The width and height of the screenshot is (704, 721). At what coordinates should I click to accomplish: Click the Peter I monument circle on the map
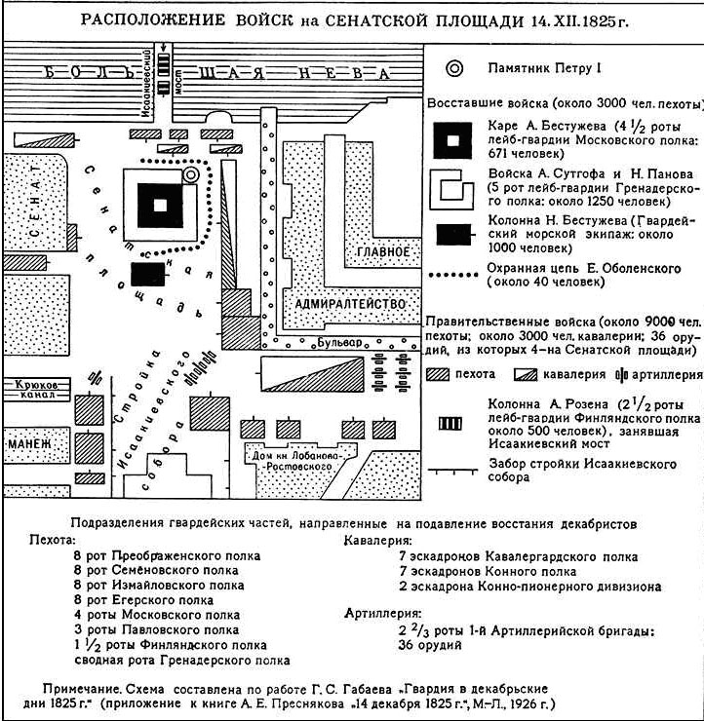coord(190,174)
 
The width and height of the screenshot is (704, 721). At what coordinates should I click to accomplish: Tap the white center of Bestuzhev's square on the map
coord(160,205)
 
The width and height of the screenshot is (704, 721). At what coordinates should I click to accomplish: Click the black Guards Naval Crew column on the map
coord(148,274)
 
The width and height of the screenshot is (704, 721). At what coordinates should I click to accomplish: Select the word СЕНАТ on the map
coord(36,202)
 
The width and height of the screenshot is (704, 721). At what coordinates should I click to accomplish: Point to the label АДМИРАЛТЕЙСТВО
coord(350,304)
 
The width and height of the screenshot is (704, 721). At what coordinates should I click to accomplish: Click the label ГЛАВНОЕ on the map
coord(383,251)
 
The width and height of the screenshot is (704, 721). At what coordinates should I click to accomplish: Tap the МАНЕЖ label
coord(30,444)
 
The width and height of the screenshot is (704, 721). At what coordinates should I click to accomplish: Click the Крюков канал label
coord(36,389)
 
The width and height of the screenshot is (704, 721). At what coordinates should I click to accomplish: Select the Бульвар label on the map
coord(339,343)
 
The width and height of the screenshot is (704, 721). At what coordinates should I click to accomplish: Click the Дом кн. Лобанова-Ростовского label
coord(296,461)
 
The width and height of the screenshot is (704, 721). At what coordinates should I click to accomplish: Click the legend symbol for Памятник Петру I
coord(454,68)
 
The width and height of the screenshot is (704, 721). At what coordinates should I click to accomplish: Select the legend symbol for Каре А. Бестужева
coord(452,140)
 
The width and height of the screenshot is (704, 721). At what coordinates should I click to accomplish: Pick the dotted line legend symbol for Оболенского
coord(453,275)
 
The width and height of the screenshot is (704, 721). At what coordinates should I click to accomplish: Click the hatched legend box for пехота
coord(437,374)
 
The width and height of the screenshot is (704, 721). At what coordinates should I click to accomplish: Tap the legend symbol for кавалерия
coord(526,375)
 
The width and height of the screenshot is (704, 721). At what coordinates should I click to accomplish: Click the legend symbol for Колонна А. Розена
coord(450,423)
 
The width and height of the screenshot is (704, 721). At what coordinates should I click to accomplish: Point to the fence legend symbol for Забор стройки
coord(453,472)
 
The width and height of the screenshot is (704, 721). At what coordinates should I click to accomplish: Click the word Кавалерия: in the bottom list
coord(377,541)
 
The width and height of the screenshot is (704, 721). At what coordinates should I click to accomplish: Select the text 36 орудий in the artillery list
coord(430,645)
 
